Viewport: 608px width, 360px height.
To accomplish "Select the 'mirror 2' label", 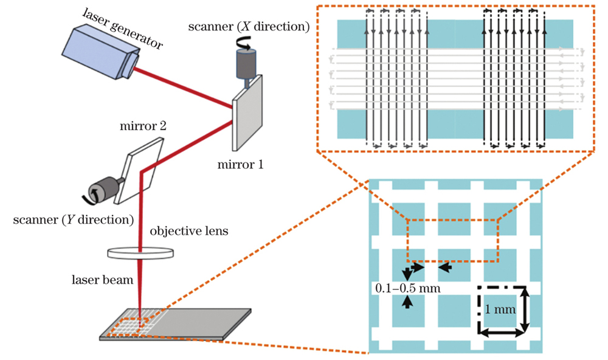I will tap(143, 127).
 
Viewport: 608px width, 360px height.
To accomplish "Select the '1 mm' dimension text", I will tap(502, 309).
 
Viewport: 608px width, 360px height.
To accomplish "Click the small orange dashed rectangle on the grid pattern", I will tap(452, 240).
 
